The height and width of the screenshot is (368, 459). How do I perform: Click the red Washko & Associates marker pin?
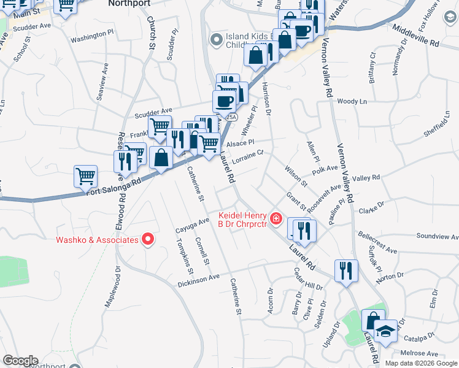[147, 240]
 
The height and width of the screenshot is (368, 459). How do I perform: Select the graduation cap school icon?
[385, 332]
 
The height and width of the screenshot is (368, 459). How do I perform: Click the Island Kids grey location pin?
[215, 40]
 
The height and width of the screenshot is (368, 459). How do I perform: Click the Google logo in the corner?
[20, 361]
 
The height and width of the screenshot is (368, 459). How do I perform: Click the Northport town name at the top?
[129, 3]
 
